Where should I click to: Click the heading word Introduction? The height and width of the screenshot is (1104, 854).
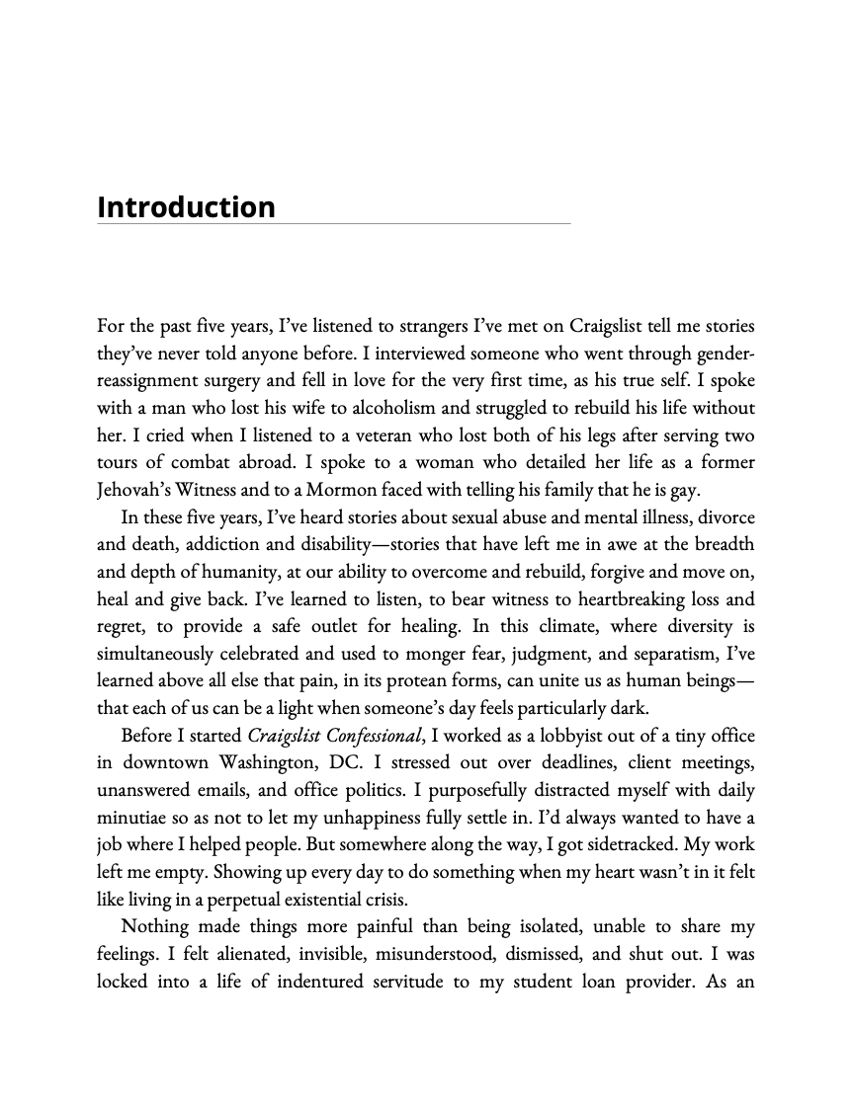[x=186, y=207]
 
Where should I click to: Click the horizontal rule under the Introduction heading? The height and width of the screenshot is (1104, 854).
[x=334, y=224]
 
